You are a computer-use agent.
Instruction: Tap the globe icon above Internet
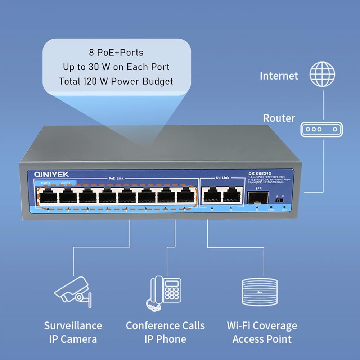click(323, 74)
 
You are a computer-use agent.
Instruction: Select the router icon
click(321, 129)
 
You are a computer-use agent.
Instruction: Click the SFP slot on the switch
click(257, 198)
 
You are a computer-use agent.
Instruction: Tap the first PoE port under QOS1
click(48, 197)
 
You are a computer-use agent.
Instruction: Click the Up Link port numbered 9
click(212, 197)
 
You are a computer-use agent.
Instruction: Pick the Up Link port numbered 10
click(232, 197)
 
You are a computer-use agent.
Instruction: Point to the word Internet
click(279, 76)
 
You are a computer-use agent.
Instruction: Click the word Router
click(279, 118)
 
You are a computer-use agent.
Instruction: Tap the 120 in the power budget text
click(96, 81)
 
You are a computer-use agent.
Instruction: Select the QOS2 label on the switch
click(66, 183)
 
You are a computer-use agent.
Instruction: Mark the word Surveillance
click(73, 326)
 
